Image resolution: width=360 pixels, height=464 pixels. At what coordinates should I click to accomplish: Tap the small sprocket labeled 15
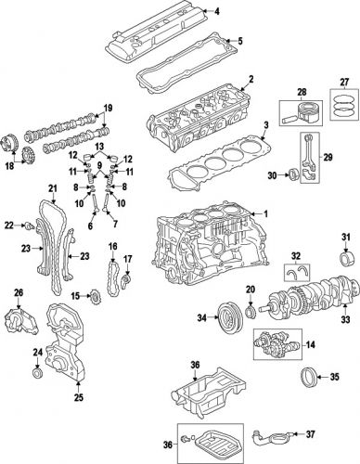(94, 299)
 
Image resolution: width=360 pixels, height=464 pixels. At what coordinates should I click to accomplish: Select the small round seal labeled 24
(36, 374)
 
